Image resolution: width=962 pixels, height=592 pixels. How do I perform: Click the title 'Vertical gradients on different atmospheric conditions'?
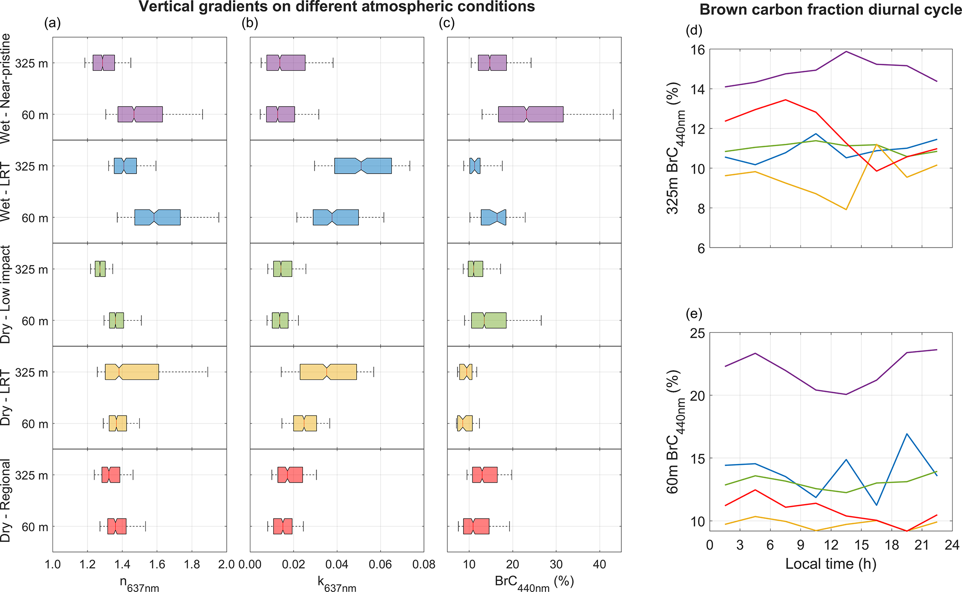336,7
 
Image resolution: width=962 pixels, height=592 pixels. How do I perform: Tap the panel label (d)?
694,31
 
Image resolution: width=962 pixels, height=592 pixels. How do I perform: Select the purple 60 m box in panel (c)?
531,114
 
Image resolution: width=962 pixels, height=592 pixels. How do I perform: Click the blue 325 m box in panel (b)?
363,166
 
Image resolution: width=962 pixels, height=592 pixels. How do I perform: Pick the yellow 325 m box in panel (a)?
132,372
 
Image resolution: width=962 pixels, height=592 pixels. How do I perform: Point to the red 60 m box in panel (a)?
117,526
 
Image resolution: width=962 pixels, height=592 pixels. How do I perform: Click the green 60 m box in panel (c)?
489,321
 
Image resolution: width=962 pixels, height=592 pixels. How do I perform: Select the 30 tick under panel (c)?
556,565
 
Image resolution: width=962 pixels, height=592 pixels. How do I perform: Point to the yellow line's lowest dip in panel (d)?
846,209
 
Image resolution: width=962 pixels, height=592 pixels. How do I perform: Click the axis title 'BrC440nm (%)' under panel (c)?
534,582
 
